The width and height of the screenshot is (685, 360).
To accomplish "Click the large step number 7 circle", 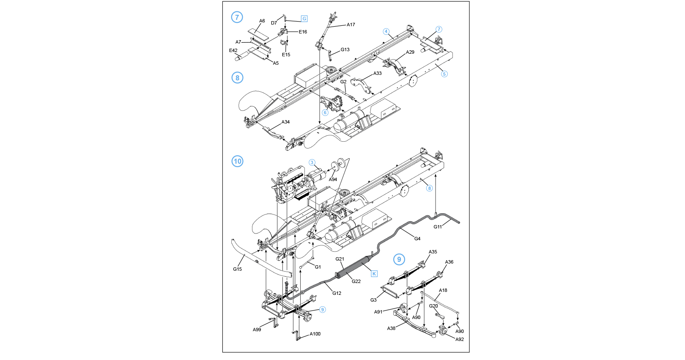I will coord(237,17).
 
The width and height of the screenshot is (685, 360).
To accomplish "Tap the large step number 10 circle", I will coord(238,161).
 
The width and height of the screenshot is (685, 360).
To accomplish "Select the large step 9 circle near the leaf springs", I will coord(399,259).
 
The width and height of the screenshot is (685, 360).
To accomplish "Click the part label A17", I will coord(351,25).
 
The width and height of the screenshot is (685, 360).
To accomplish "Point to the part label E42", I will coord(233,50).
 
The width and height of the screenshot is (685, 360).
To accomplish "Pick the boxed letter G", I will coord(304,19).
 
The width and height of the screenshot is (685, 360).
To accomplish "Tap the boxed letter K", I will coord(374,274).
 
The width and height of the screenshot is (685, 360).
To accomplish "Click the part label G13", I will coord(345,49).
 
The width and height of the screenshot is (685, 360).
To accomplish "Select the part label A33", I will coord(377,73).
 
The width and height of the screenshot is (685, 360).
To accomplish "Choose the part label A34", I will coord(285,122).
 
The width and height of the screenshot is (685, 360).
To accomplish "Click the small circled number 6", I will coord(325,113).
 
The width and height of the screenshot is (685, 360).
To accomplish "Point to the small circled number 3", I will coord(312,162).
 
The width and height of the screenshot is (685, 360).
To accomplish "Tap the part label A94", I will coord(333,179).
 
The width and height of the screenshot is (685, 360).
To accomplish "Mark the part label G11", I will coord(438,227).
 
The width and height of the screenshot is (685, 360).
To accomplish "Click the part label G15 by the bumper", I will coord(237,269).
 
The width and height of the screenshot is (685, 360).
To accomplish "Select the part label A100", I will coord(315,334).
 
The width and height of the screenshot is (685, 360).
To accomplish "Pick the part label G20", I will coord(433,306).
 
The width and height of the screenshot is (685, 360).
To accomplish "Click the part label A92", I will coord(460,339).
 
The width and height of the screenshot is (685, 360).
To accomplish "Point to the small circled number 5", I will coord(444,74).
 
